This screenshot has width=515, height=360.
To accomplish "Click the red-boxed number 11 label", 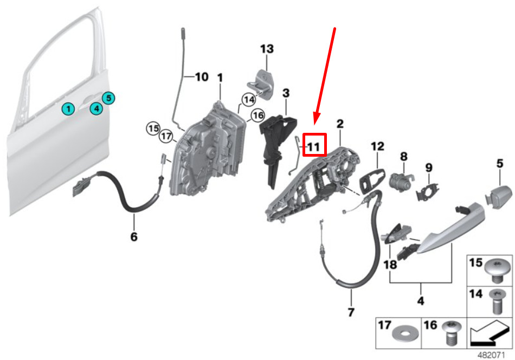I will click(314, 145).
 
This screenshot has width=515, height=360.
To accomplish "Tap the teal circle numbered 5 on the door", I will click(108, 98).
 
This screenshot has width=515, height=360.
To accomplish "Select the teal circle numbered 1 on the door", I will click(68, 109).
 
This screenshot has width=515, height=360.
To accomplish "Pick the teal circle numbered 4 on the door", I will click(95, 108).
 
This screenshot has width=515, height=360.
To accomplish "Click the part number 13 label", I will click(267, 49).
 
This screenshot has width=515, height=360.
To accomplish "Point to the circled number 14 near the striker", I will click(249, 100).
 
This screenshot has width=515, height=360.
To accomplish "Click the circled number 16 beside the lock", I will click(257, 115).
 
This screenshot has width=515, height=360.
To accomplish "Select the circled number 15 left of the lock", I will click(153, 128).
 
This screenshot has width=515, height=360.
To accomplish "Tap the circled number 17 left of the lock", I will click(165, 138).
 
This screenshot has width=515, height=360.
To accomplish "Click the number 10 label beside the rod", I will click(201, 77).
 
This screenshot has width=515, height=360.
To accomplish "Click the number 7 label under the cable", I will click(351, 312).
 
